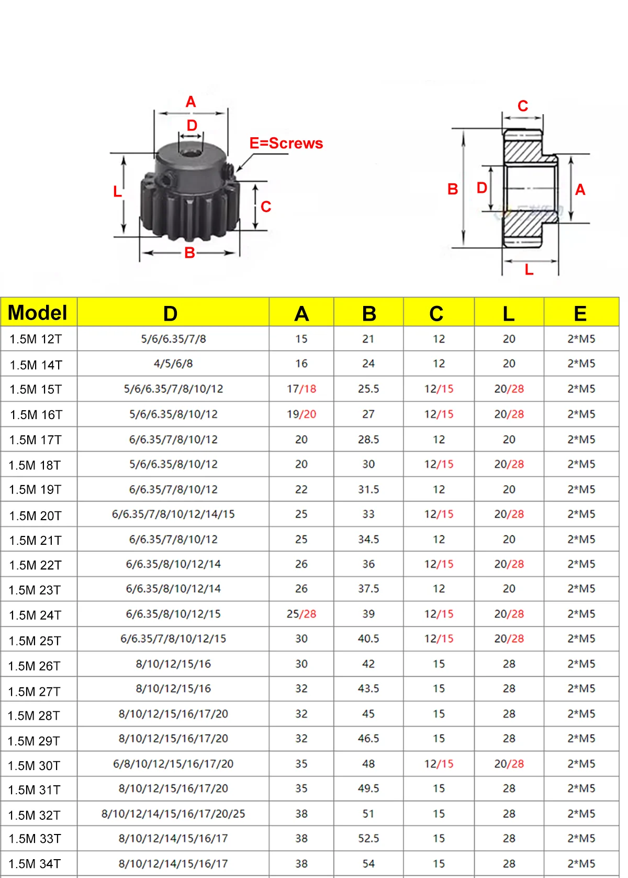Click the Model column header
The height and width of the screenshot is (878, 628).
point(38,313)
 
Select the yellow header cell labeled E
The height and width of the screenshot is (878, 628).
point(580,313)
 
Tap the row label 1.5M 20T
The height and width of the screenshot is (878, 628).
point(35,515)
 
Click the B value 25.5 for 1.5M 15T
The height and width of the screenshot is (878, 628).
point(368,389)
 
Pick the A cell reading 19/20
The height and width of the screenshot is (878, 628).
point(301,414)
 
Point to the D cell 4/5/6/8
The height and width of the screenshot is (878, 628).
point(173,364)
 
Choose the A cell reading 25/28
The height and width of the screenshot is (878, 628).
point(301,613)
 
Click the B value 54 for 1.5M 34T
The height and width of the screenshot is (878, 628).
point(368,863)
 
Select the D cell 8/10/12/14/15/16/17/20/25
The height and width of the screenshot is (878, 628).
point(173,814)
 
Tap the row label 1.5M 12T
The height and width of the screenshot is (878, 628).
point(36,339)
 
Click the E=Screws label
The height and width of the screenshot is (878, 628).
point(286,143)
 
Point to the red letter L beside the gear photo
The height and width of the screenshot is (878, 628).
point(117,191)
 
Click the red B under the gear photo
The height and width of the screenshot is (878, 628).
point(189,253)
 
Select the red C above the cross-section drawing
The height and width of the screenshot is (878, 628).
point(522,106)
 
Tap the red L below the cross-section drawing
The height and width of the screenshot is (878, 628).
point(529,270)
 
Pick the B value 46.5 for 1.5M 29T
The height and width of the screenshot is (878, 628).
point(368,738)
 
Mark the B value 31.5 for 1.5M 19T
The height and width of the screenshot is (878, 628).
point(368,489)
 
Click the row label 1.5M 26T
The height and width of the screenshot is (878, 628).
point(35,666)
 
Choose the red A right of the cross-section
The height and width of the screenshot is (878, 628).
point(580,189)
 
